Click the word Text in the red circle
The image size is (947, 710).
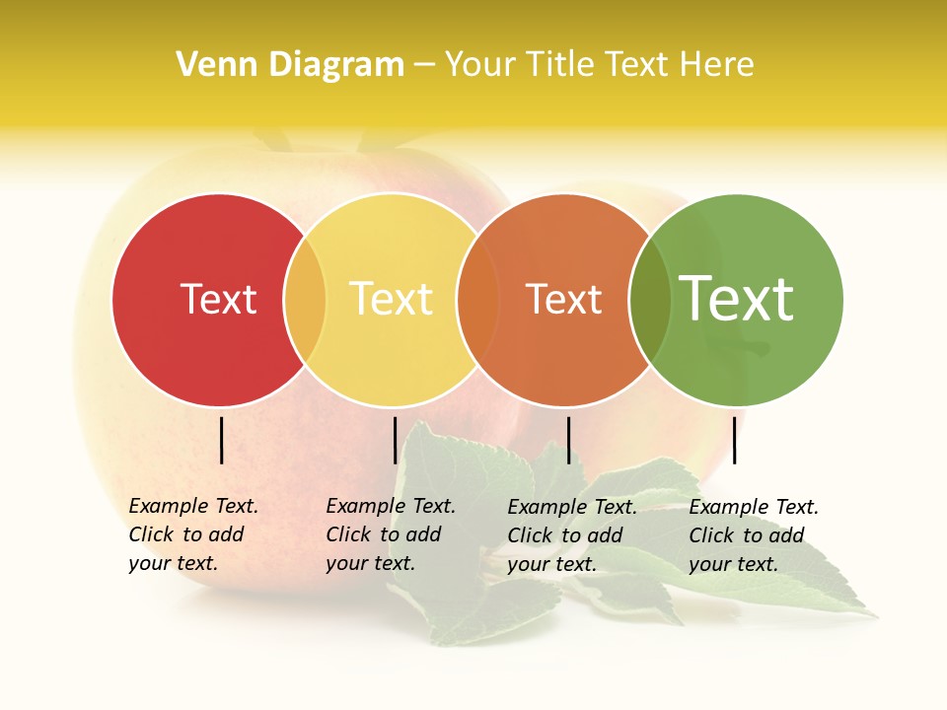tap(218, 299)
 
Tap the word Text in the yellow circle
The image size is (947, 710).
tap(391, 299)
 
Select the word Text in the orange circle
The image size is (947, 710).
tap(563, 299)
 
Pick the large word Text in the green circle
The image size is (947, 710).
tap(736, 298)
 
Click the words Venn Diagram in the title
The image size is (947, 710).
tap(290, 64)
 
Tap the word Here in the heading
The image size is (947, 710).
tap(717, 64)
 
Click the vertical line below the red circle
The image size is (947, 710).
tap(222, 440)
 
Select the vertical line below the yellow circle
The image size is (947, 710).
tap(395, 440)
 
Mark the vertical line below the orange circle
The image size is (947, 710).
tap(568, 440)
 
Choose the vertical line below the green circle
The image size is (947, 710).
tap(735, 440)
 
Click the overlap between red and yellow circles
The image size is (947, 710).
tap(305, 299)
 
